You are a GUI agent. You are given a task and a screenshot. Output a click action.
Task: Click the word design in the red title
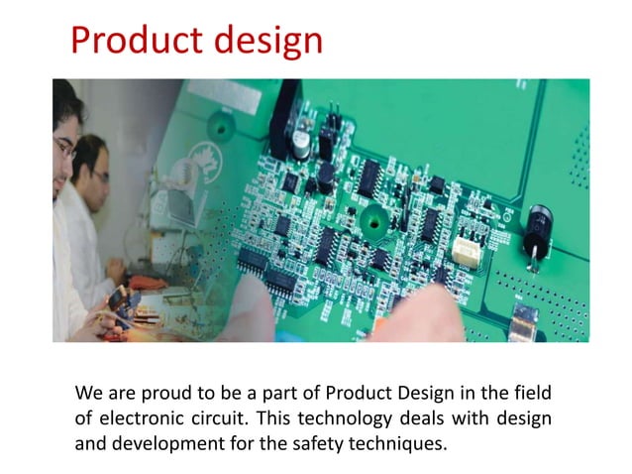(x=265, y=41)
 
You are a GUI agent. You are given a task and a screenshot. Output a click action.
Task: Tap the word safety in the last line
(x=319, y=443)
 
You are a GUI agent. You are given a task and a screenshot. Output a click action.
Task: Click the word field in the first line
(x=530, y=390)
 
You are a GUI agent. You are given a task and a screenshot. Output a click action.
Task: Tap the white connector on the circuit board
(x=466, y=251)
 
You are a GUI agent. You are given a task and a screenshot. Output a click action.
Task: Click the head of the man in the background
(x=92, y=164)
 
